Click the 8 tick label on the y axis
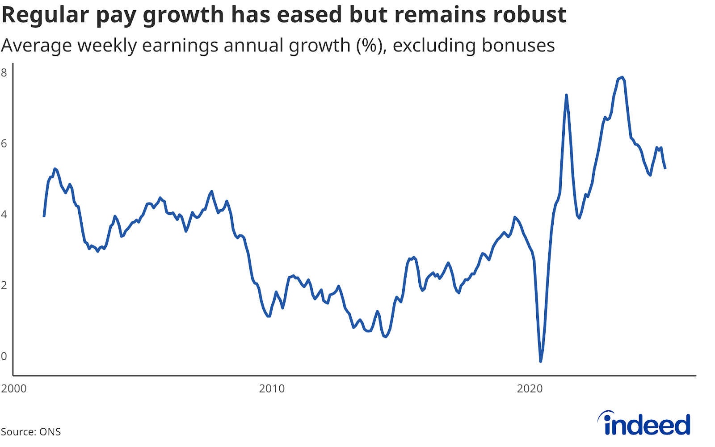point(4,73)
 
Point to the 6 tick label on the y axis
point(4,143)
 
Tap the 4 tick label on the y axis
point(4,215)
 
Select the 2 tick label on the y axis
point(4,285)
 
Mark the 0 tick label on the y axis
point(4,356)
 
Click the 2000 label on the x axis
point(14,388)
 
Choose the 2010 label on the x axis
point(272,388)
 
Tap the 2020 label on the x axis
point(530,388)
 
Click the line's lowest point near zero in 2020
point(541,361)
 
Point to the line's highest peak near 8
point(622,78)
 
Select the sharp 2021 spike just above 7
point(566,95)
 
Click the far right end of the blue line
point(665,168)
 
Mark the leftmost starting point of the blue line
point(44,216)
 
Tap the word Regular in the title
point(46,16)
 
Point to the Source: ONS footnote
point(30,432)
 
